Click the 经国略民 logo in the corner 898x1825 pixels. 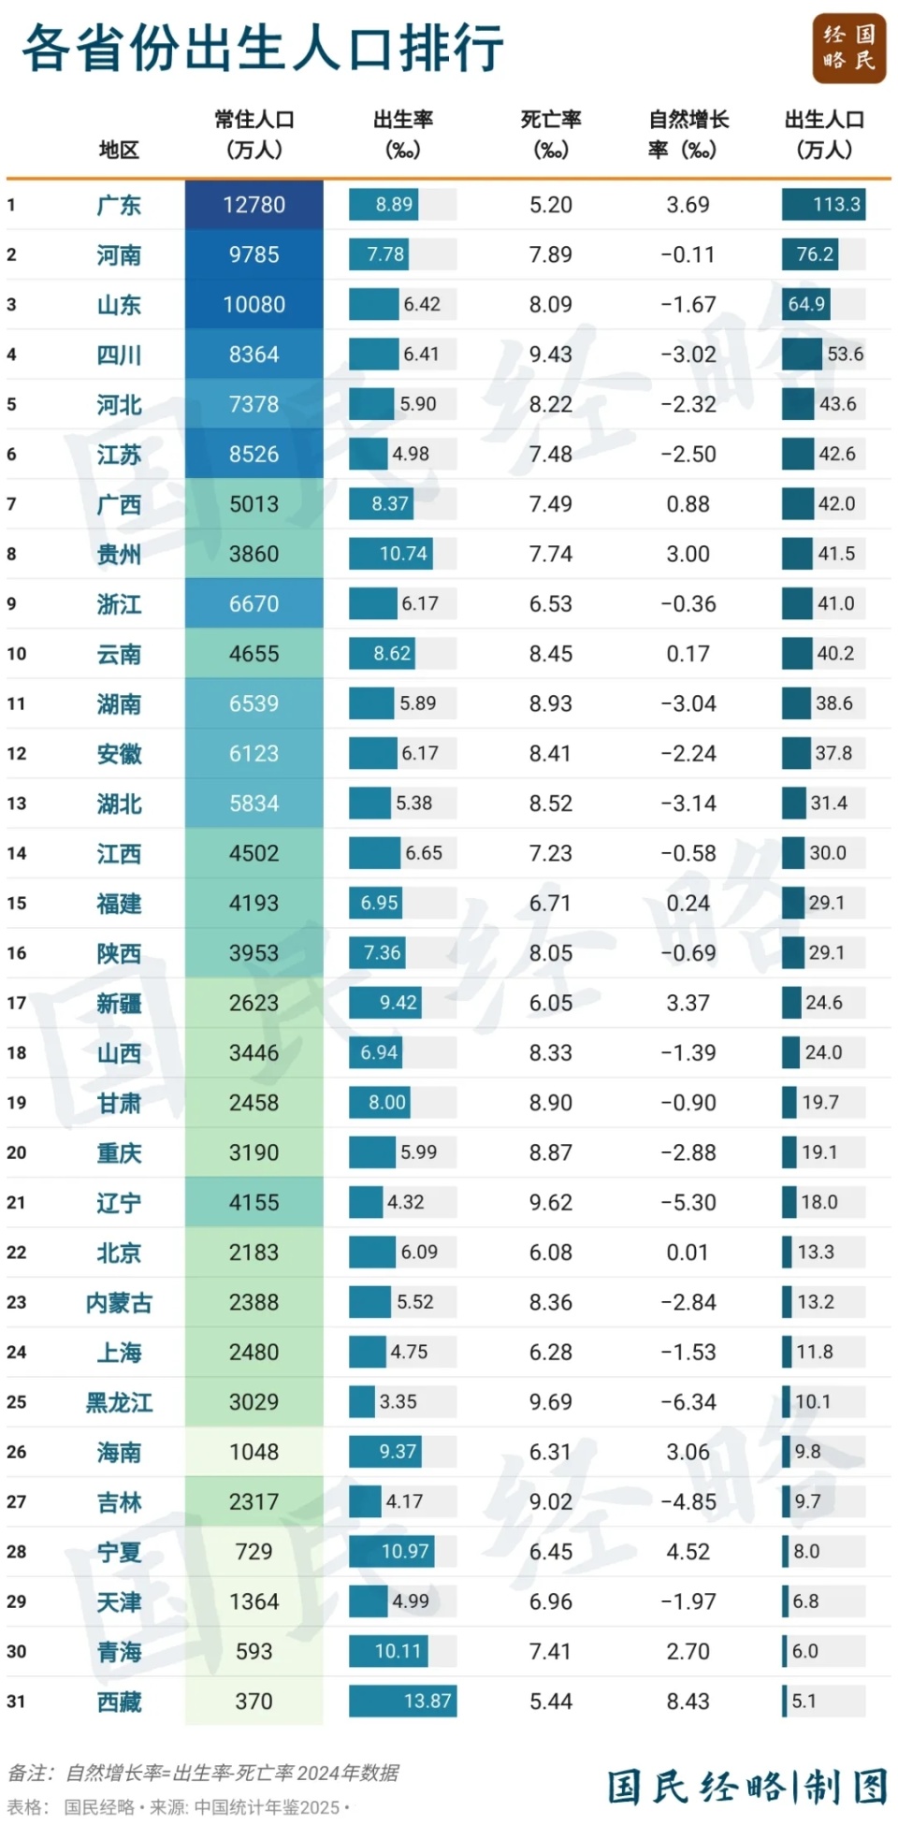(848, 49)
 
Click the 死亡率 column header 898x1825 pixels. (550, 134)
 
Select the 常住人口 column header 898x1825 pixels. (253, 134)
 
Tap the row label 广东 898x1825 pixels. (119, 205)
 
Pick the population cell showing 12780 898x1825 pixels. (253, 205)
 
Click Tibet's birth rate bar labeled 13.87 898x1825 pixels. (403, 1701)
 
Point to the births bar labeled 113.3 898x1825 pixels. (823, 205)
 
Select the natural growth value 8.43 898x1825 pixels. (688, 1701)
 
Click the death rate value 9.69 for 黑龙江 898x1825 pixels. (550, 1401)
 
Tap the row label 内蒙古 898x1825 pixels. (119, 1302)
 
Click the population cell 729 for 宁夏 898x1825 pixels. (253, 1551)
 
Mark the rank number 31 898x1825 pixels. (16, 1701)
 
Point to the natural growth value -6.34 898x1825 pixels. (688, 1401)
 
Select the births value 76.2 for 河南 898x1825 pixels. (814, 254)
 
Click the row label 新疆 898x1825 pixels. (119, 1003)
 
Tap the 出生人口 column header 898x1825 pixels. (823, 134)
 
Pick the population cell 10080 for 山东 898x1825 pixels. (253, 304)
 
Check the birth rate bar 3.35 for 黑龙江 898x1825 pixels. (363, 1401)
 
